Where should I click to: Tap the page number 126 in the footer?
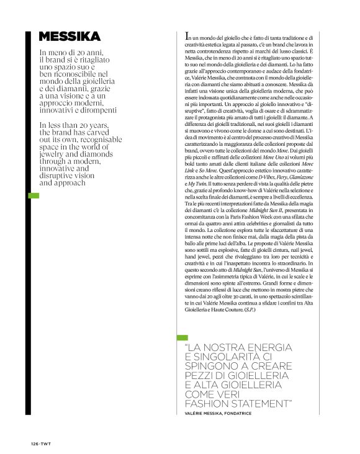point(35,444)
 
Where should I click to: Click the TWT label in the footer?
point(46,444)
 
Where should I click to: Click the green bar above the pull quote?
point(182,338)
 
